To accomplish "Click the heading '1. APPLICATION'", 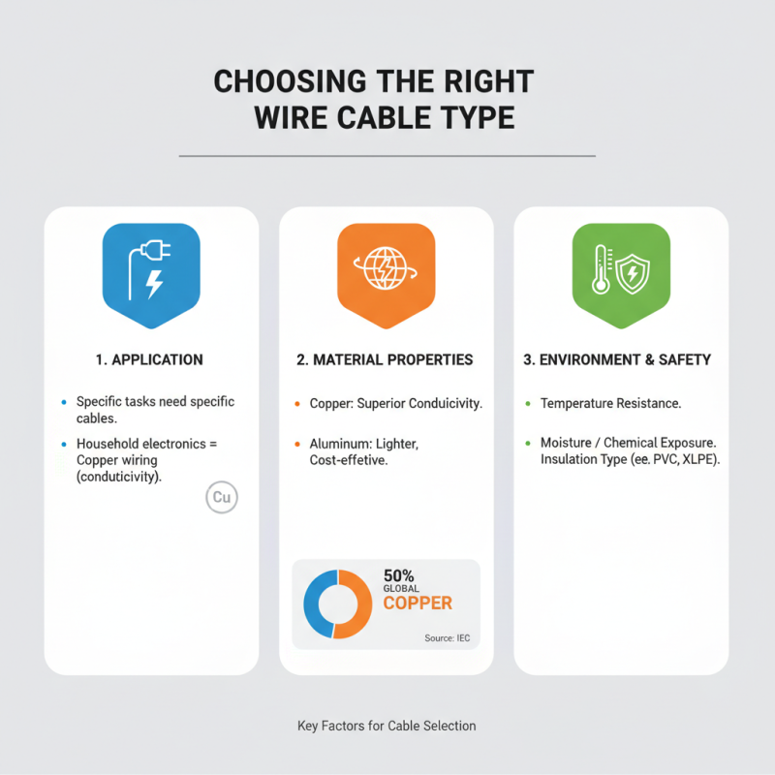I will pos(150,359).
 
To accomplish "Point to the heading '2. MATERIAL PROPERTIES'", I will pos(385,359).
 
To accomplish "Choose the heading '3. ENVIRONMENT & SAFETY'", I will pos(617,359).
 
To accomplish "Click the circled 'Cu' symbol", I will pos(222,498).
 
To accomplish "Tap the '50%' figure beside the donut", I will pos(399,574).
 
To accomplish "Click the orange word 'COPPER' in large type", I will pos(418,604).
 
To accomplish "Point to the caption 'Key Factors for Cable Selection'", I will pos(387,726).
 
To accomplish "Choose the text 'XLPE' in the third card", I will pos(697,458).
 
